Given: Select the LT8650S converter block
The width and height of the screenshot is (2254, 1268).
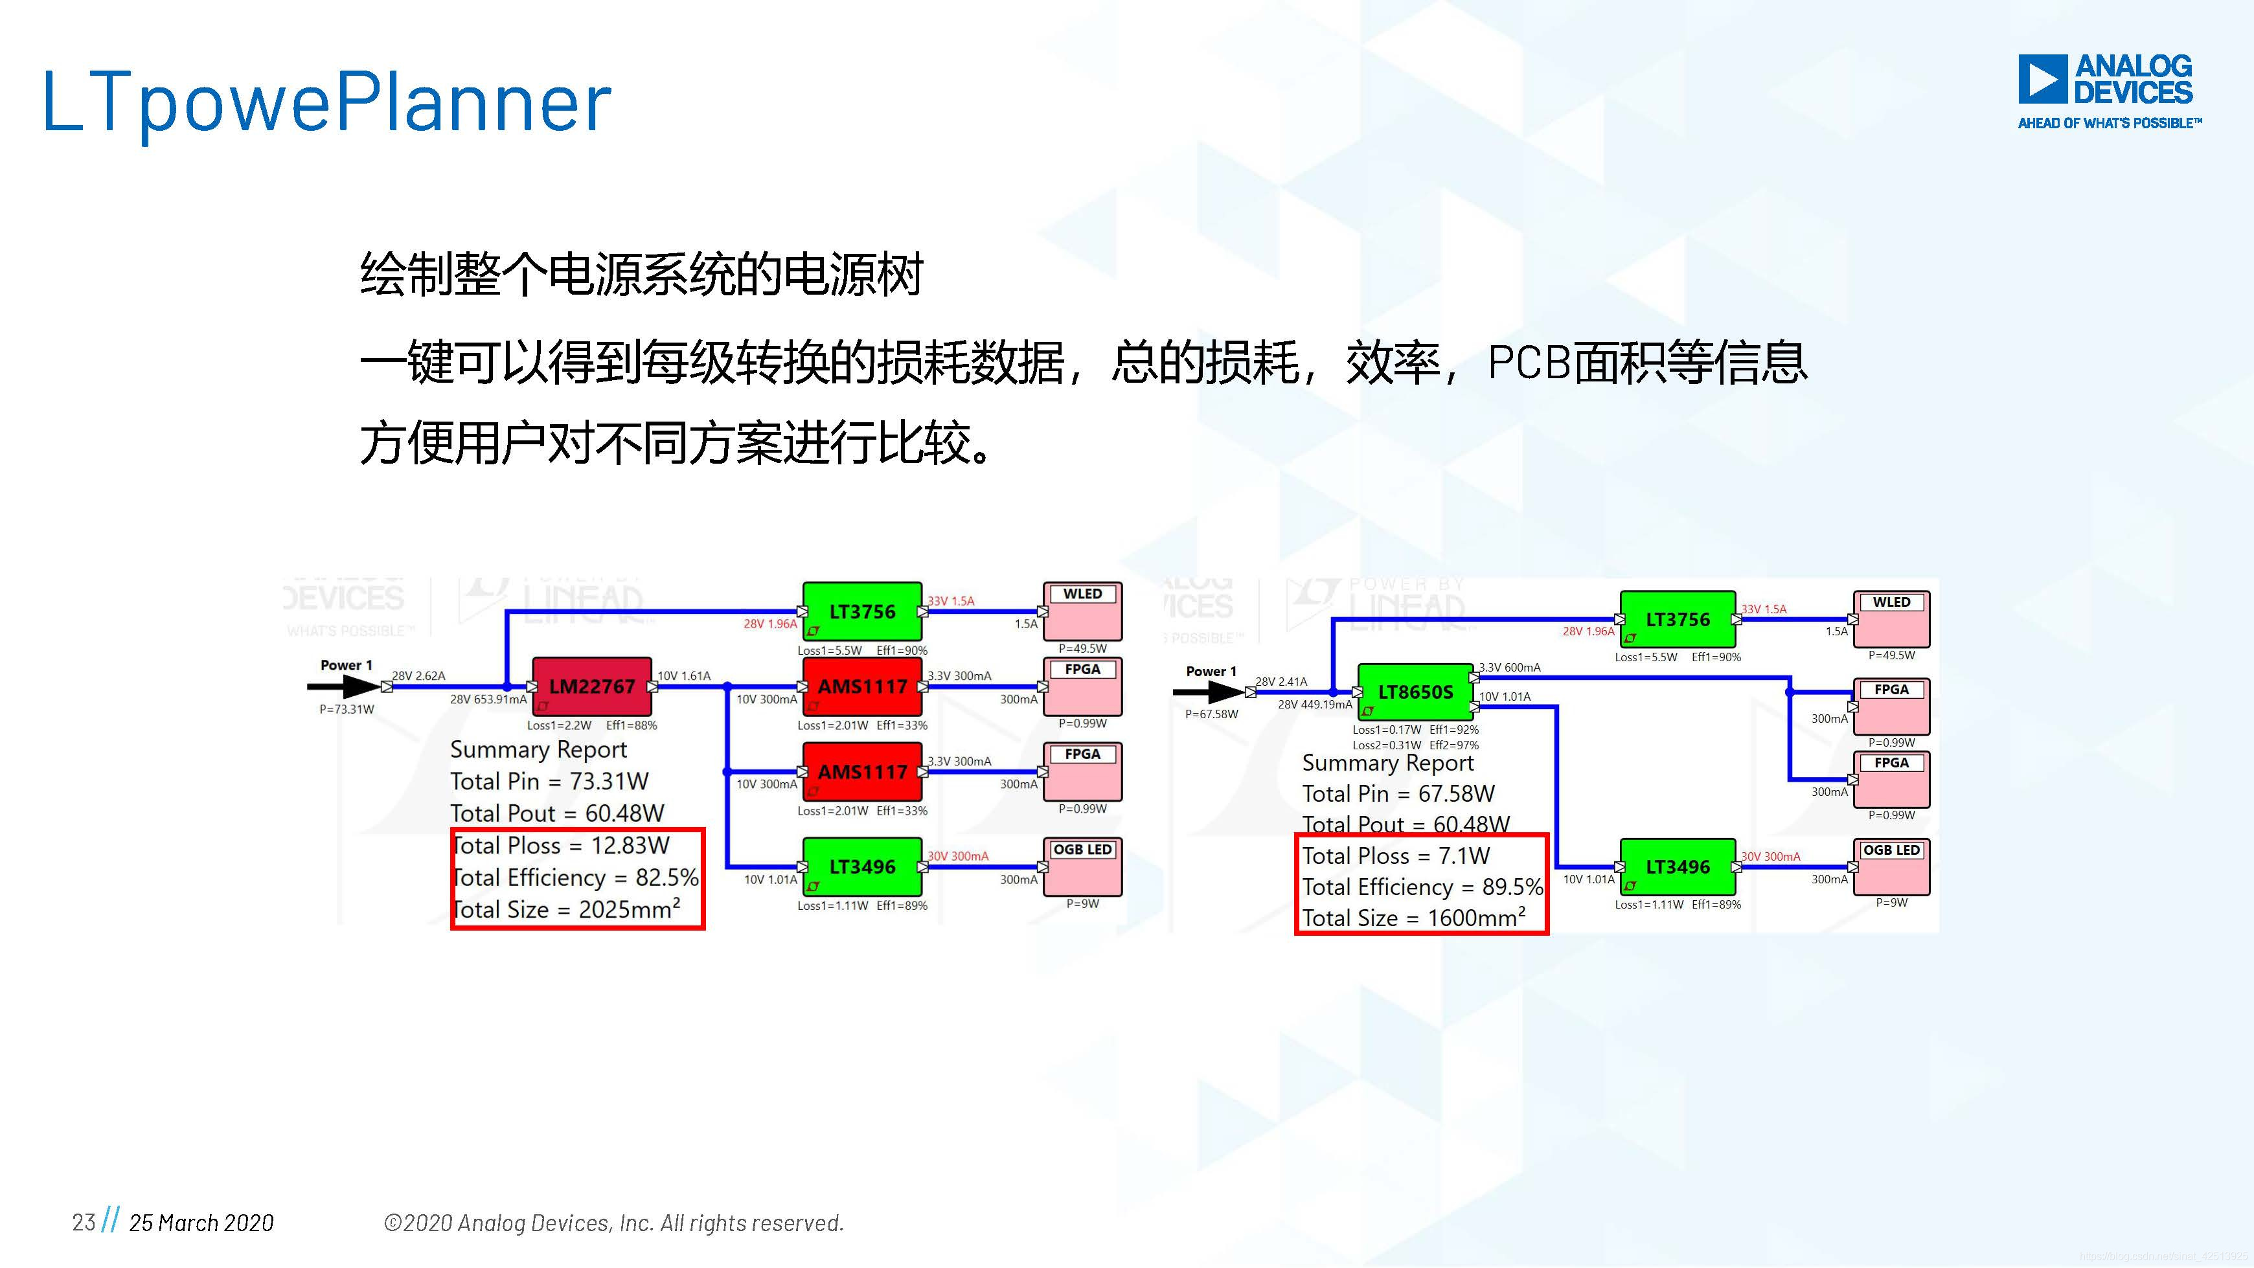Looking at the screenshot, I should pyautogui.click(x=1415, y=692).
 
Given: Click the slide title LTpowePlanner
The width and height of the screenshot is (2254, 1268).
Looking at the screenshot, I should pyautogui.click(x=327, y=103).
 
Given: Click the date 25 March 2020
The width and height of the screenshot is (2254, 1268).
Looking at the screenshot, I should pyautogui.click(x=201, y=1223).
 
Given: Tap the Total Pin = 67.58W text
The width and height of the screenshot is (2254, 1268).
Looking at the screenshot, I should pyautogui.click(x=1398, y=794).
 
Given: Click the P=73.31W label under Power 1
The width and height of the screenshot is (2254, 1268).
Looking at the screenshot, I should pyautogui.click(x=347, y=709).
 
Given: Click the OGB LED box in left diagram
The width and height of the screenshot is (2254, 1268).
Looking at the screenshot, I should pyautogui.click(x=1082, y=866).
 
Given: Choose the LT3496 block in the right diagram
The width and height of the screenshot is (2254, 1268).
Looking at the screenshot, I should pyautogui.click(x=1678, y=867).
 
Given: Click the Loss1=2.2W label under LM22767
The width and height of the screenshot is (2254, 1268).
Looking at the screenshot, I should pyautogui.click(x=559, y=725).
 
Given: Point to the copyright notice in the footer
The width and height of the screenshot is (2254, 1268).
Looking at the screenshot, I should pyautogui.click(x=613, y=1223).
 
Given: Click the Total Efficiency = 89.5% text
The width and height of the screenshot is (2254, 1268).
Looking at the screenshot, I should pyautogui.click(x=1422, y=887).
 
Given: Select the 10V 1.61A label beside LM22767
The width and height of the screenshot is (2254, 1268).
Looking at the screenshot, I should pyautogui.click(x=684, y=675).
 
